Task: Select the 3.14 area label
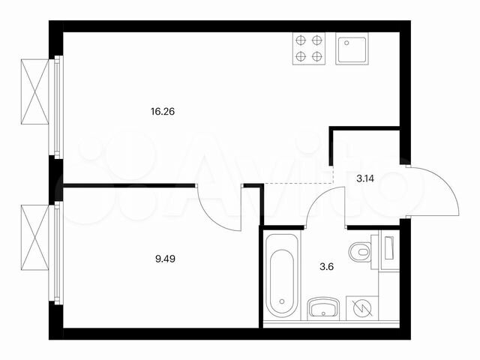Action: tap(365, 178)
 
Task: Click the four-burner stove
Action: tap(309, 48)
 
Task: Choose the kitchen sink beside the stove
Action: tap(352, 49)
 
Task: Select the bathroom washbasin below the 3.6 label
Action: tap(324, 307)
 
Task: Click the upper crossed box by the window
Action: tap(35, 91)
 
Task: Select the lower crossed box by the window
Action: tap(35, 238)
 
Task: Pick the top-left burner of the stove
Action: tap(301, 40)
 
